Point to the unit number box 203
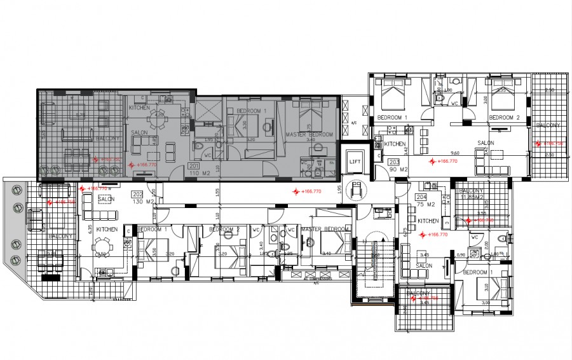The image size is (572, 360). [394, 162]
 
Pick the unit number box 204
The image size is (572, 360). [421, 197]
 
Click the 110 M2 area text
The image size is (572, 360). [196, 172]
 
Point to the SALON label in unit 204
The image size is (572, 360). [424, 265]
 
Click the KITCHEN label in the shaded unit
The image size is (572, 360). [139, 108]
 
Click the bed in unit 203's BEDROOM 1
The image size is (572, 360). [392, 99]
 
